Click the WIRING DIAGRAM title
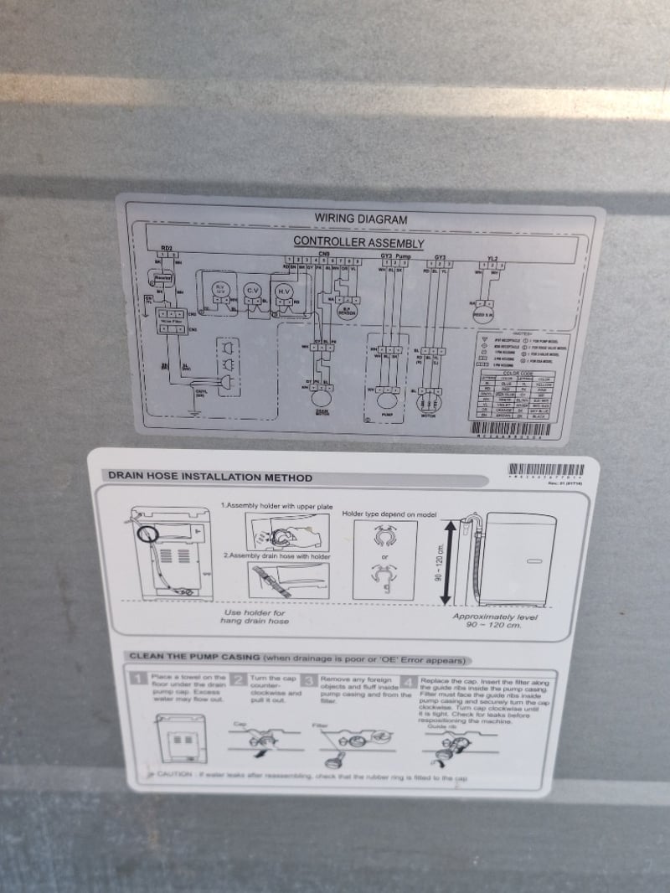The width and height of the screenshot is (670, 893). (360, 219)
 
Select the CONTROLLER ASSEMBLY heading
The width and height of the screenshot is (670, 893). (358, 242)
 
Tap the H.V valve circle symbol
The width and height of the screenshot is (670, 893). (286, 291)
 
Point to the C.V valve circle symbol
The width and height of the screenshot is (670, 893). (252, 291)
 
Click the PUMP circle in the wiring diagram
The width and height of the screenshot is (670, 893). (386, 391)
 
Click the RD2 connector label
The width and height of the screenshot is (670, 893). (166, 249)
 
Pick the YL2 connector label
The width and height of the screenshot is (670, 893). (492, 258)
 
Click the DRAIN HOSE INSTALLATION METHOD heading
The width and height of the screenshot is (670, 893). (209, 477)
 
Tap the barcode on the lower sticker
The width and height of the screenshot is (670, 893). (548, 471)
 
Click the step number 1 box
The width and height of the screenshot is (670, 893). (139, 680)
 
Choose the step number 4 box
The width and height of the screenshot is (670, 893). (410, 681)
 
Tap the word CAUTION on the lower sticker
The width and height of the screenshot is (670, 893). (175, 775)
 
